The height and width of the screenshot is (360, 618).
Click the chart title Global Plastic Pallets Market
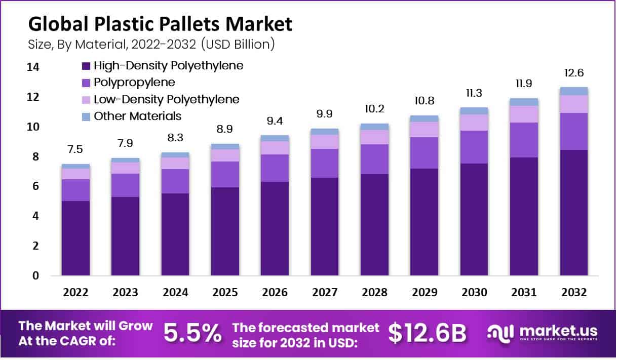(160, 24)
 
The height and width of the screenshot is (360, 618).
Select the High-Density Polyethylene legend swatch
(85, 65)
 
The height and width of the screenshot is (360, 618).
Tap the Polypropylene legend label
(134, 82)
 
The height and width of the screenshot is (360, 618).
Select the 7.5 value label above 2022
(75, 149)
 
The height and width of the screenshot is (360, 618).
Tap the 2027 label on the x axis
(325, 293)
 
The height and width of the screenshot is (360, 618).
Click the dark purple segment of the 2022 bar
(75, 238)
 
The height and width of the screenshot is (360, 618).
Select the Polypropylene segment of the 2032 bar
(574, 131)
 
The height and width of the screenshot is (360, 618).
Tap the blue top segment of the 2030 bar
(474, 111)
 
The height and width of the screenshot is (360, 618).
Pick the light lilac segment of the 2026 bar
(275, 147)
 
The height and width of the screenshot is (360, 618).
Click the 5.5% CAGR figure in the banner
(192, 333)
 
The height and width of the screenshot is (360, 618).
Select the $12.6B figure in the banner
(427, 333)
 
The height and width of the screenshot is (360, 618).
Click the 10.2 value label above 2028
(374, 108)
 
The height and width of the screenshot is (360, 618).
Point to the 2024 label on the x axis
(175, 293)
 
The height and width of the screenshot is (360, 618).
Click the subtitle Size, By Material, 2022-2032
(151, 45)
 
